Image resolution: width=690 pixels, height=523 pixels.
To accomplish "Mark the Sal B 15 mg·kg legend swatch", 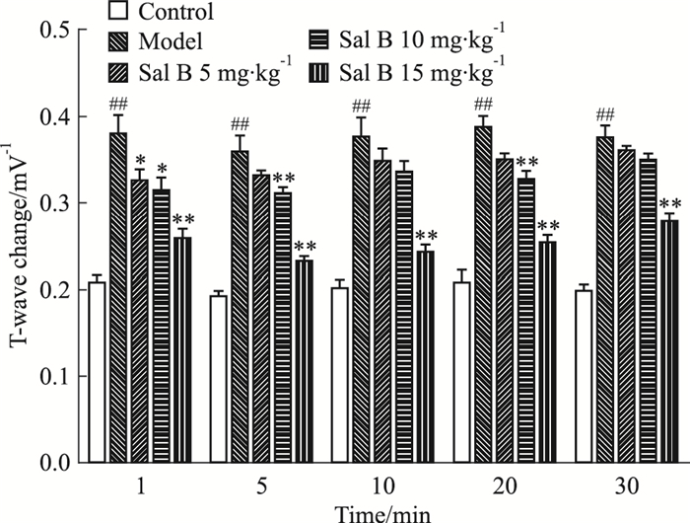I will pos(316,72).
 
